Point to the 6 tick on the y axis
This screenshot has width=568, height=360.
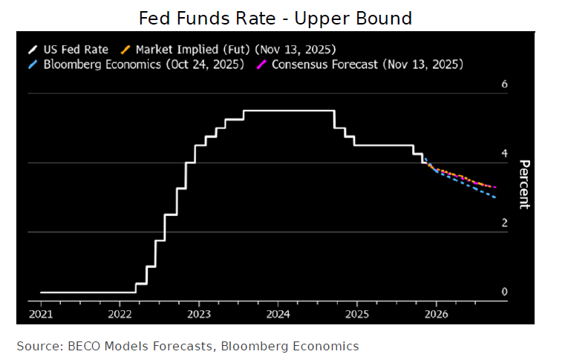coord(504,85)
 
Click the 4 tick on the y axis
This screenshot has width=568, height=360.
coord(504,154)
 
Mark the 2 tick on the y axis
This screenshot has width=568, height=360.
coord(504,223)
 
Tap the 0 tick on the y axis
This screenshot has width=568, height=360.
coord(504,292)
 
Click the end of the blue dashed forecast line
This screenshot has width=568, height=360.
coord(495,197)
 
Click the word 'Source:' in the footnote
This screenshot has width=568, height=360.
coord(38,346)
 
